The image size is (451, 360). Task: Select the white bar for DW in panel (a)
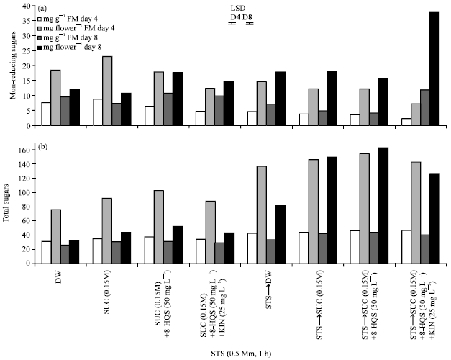[x=45, y=114]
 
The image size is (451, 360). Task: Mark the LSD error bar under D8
[x=250, y=23]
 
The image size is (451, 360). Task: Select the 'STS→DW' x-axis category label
[x=275, y=286]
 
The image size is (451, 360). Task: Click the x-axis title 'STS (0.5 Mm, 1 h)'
[x=242, y=353]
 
